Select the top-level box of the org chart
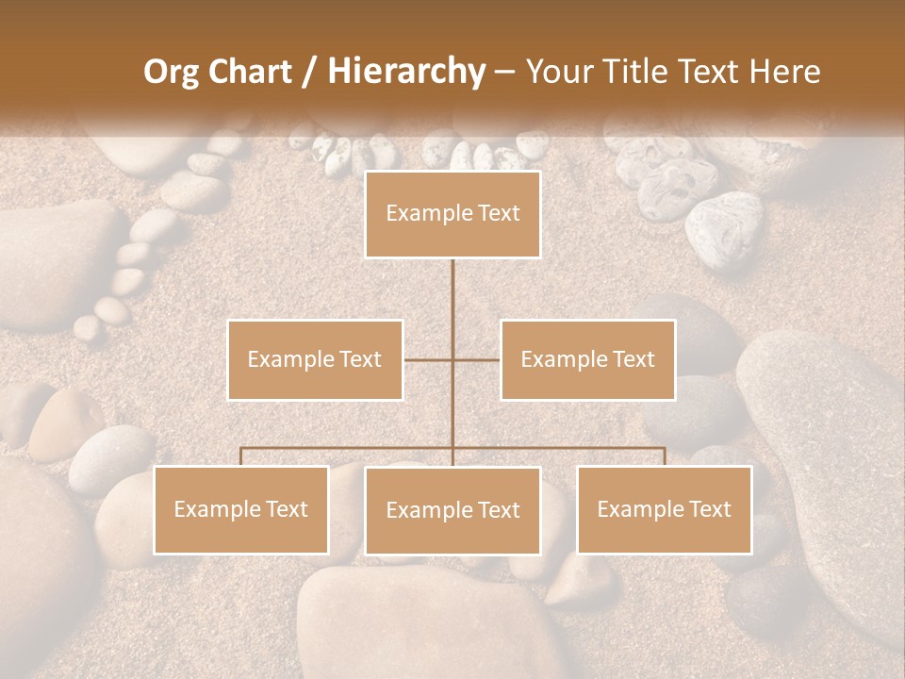(452, 214)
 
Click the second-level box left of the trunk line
(315, 359)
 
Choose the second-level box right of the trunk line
(588, 359)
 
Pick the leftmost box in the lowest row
(241, 509)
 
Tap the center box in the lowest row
(452, 510)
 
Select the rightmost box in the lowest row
(665, 509)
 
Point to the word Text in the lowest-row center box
(497, 510)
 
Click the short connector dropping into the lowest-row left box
(241, 456)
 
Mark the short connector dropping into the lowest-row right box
(665, 456)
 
